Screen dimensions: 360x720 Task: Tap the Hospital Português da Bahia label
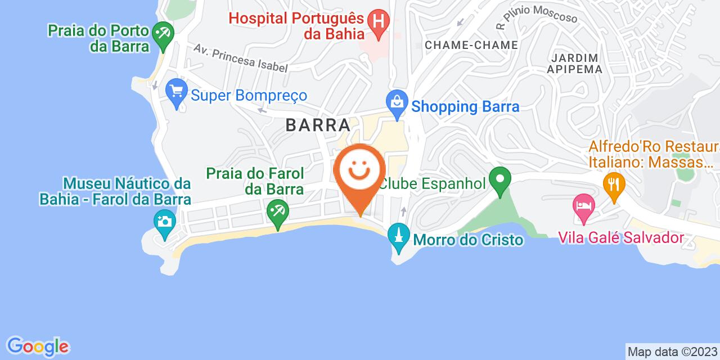[x=298, y=25]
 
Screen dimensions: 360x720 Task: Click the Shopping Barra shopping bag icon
[x=397, y=104]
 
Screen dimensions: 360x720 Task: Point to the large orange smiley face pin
[x=360, y=174]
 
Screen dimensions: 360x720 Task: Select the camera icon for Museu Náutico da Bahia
[x=164, y=221]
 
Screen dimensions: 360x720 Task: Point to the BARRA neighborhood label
[x=322, y=124]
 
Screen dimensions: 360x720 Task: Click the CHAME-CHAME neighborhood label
[x=471, y=44]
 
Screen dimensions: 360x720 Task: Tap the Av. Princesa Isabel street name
[x=241, y=58]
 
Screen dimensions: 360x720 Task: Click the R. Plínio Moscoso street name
[x=537, y=16]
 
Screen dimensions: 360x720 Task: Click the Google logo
[x=37, y=346]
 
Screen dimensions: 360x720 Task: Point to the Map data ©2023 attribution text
[x=672, y=352]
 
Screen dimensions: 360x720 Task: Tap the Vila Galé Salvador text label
[x=621, y=238]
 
